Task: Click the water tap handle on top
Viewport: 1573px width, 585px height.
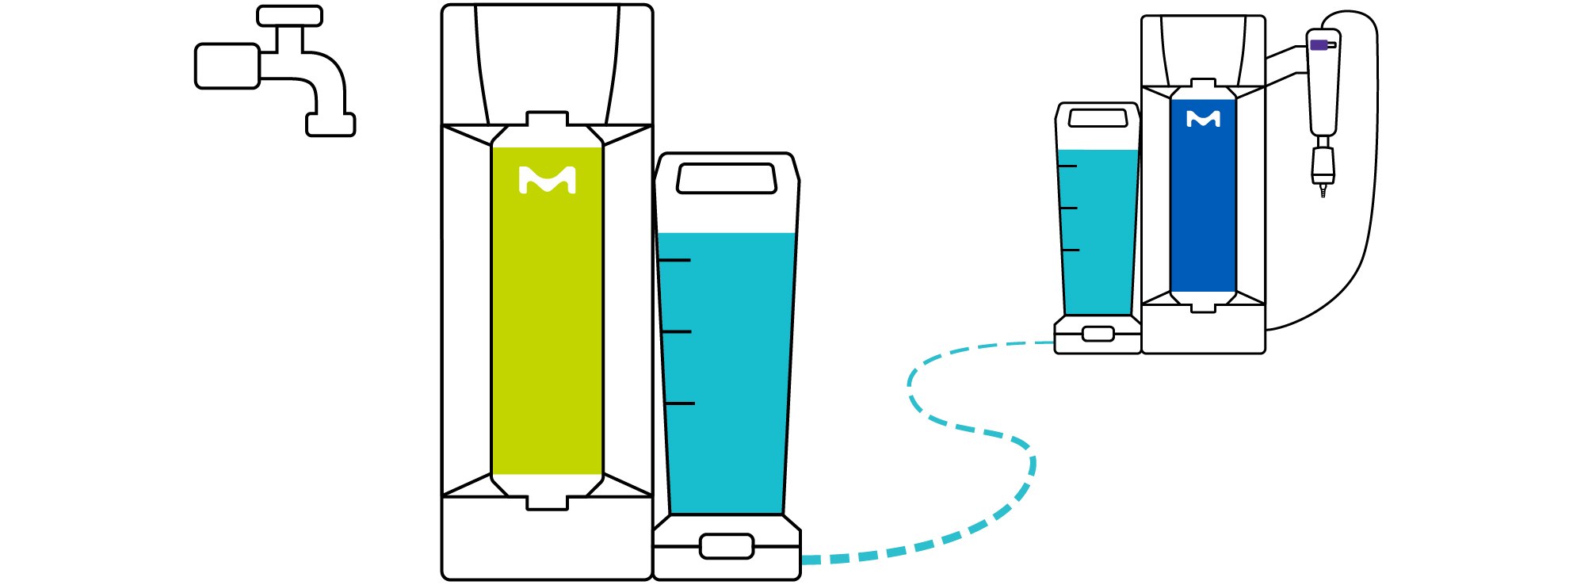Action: tap(289, 16)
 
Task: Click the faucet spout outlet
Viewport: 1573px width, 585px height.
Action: tap(330, 125)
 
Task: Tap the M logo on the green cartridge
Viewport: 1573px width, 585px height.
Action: tap(547, 180)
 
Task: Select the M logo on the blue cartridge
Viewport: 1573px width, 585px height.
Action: tap(1203, 119)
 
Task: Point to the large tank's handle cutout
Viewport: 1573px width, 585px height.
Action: tap(726, 178)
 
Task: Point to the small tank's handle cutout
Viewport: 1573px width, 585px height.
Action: tap(1098, 118)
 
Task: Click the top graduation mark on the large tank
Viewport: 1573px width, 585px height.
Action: tap(674, 260)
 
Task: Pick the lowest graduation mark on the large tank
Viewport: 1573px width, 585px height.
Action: tap(679, 403)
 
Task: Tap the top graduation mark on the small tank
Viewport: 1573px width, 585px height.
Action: tap(1067, 166)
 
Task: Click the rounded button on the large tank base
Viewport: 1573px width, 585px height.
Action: tap(726, 546)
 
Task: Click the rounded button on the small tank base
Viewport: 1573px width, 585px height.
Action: tap(1098, 334)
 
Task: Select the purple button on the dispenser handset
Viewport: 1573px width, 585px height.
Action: tap(1319, 45)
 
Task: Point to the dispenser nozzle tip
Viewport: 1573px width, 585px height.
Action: tap(1323, 192)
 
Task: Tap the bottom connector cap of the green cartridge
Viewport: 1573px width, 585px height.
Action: tap(547, 503)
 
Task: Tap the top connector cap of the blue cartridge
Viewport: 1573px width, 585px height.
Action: tap(1203, 83)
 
